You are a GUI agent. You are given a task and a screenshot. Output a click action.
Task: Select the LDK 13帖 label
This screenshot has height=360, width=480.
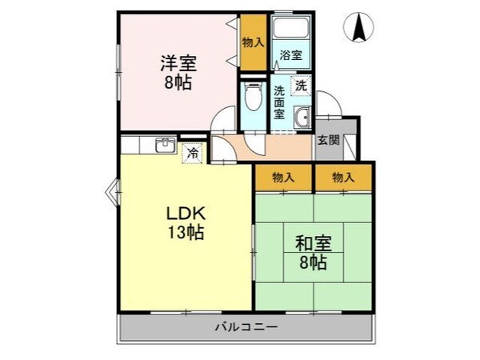point(186,223)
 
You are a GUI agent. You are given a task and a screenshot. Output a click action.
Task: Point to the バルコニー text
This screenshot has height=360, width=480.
point(246,327)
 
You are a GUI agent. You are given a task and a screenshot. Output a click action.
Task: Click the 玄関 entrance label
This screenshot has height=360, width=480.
point(328,140)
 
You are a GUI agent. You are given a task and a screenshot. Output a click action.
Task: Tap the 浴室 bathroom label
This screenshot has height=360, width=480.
point(290,55)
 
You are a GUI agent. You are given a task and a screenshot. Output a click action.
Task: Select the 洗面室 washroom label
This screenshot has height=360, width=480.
point(280,102)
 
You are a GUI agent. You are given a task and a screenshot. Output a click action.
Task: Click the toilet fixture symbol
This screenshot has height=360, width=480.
point(253,98)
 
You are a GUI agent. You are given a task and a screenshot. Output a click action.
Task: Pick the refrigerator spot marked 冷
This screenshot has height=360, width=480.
point(192,150)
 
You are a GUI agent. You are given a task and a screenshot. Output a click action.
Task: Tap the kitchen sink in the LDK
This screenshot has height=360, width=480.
point(165,146)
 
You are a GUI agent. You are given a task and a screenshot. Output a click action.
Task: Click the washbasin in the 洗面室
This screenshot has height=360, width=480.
point(302,119)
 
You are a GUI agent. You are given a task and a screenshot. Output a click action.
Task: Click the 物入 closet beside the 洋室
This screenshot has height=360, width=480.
point(254,42)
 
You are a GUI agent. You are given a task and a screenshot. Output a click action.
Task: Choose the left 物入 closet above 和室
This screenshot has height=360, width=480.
point(283,177)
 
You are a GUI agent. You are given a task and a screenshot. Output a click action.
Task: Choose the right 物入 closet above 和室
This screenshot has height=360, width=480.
point(342,177)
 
